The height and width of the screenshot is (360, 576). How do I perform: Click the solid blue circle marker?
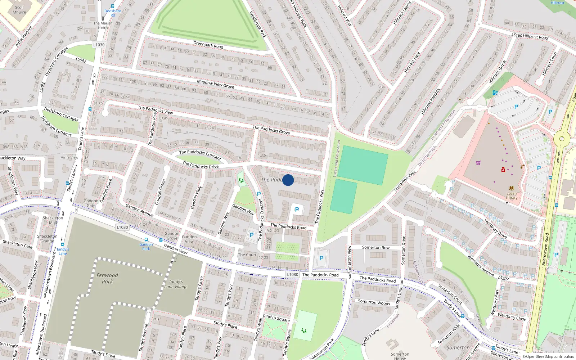288,180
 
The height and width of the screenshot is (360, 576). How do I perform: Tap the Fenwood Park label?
107,278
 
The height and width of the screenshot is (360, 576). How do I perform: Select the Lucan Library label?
512,195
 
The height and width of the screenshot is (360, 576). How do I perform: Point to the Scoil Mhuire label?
19,10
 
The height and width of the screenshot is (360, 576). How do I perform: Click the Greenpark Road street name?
208,45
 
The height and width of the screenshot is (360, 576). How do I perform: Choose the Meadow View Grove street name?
215,84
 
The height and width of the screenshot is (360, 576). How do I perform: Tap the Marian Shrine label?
103,25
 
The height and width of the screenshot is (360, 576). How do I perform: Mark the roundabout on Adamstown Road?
561,138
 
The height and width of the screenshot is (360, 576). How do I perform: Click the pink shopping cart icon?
478,163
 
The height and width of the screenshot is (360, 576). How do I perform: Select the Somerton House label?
400,356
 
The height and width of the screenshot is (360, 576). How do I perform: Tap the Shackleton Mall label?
53,220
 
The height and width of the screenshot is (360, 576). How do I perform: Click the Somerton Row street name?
375,247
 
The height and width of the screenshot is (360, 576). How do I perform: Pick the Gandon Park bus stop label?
146,246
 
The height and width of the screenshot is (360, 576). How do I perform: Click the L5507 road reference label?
503,278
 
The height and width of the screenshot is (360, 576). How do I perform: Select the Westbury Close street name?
512,316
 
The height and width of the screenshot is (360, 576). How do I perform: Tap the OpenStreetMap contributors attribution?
548,356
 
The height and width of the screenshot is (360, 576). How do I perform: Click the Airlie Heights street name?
24,36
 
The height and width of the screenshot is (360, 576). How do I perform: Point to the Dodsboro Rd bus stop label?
113,13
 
